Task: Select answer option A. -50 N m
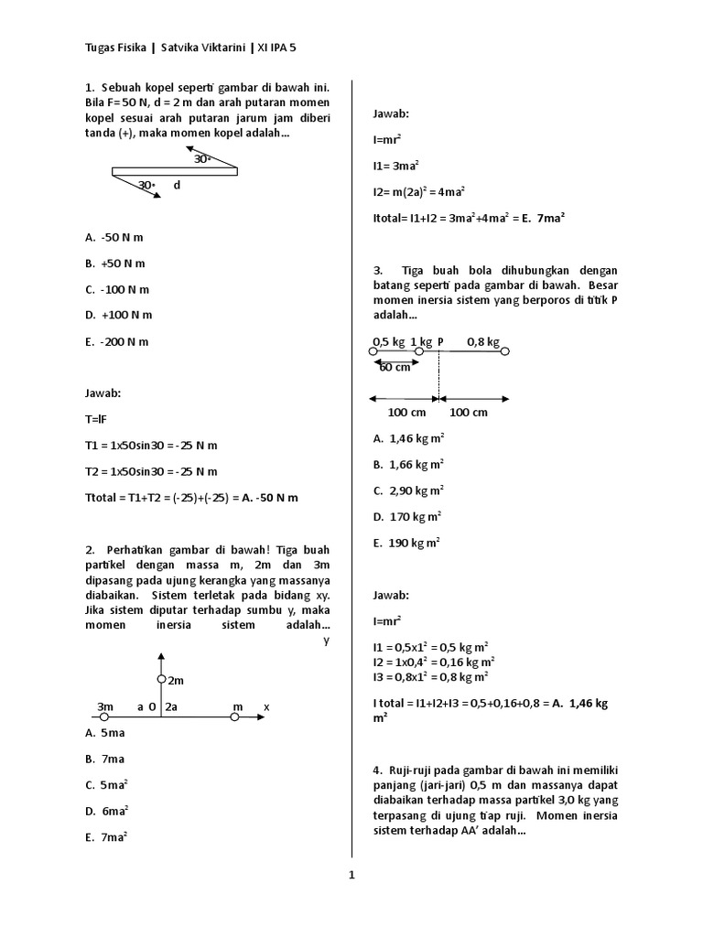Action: pos(114,237)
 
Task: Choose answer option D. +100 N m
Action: pos(118,315)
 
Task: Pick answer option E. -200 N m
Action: pos(115,341)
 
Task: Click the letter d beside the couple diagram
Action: pos(177,186)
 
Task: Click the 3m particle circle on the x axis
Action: pos(103,718)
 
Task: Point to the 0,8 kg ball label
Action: pos(482,342)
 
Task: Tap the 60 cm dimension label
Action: pos(395,367)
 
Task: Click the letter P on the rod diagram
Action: pos(440,342)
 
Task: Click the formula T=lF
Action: pos(95,419)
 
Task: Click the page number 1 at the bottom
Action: pos(351,875)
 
